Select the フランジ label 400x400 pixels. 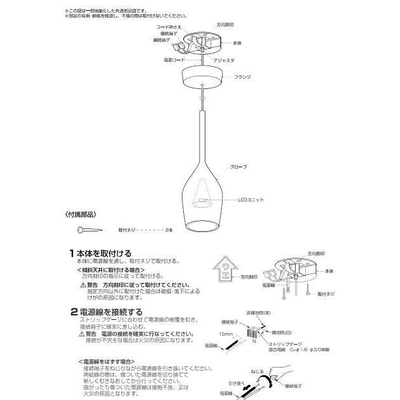point(244,76)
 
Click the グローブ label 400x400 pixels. point(237,165)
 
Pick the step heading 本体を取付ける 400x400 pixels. point(105,252)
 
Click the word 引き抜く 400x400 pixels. point(238,383)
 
